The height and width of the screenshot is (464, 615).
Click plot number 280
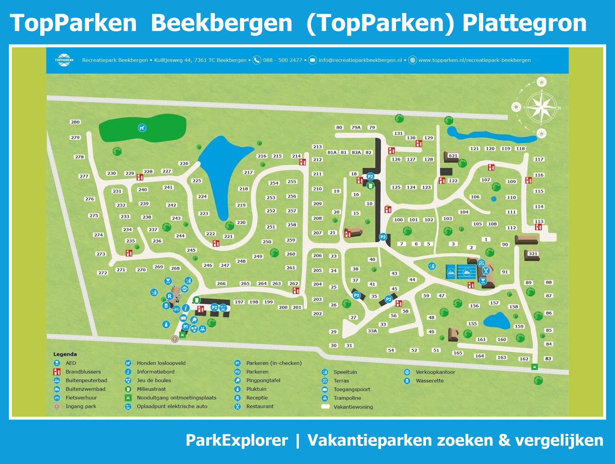(75, 122)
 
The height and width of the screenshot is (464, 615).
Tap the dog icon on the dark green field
(142, 128)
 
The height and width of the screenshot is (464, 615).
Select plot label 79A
(356, 127)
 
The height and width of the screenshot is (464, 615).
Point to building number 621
(453, 156)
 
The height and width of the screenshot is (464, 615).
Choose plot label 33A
(372, 331)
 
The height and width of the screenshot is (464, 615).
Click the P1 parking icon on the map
(185, 327)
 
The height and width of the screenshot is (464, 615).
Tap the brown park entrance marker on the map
(175, 339)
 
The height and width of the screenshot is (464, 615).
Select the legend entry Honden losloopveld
(161, 363)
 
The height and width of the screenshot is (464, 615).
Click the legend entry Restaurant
(260, 406)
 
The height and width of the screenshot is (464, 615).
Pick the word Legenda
(65, 354)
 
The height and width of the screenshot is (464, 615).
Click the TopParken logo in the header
(64, 60)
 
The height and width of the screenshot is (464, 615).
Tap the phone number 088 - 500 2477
(282, 60)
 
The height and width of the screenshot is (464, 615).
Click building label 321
(533, 254)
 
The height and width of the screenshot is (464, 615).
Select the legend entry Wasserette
(430, 381)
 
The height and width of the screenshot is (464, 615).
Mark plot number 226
(184, 163)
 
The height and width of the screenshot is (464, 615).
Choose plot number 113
(539, 221)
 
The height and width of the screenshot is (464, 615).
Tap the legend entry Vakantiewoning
(353, 407)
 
